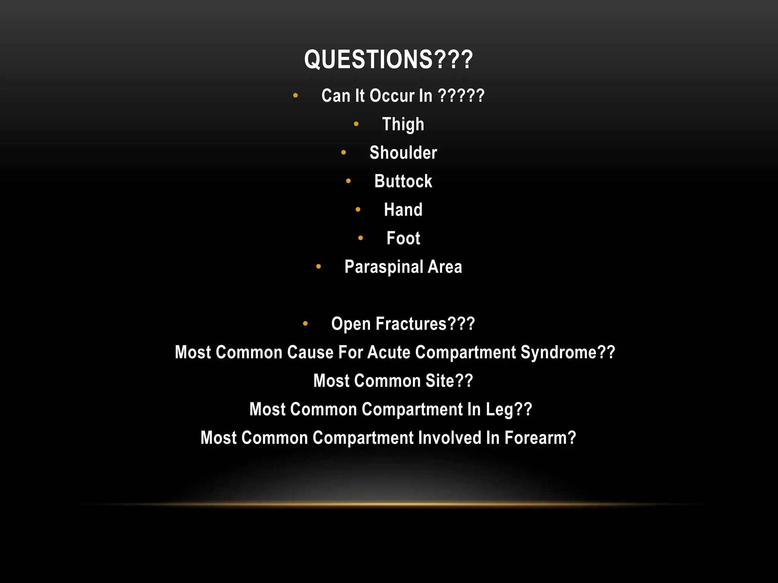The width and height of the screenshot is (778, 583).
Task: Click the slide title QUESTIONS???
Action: point(388,60)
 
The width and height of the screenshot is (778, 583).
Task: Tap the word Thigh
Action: point(403,124)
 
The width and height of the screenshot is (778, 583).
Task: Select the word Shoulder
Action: point(403,153)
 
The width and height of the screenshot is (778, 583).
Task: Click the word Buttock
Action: point(403,181)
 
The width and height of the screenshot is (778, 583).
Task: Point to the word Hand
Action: point(403,210)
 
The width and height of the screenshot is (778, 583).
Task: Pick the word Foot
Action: point(403,238)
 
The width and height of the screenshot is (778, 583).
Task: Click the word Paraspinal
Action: point(384,267)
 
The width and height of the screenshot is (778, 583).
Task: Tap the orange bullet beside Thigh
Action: point(356,124)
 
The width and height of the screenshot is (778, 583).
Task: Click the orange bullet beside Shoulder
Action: point(343,153)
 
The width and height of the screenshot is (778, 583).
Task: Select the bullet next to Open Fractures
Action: point(305,324)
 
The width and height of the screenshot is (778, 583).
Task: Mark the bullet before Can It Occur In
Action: point(296,96)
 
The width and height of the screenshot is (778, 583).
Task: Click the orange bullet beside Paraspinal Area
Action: point(318,267)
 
